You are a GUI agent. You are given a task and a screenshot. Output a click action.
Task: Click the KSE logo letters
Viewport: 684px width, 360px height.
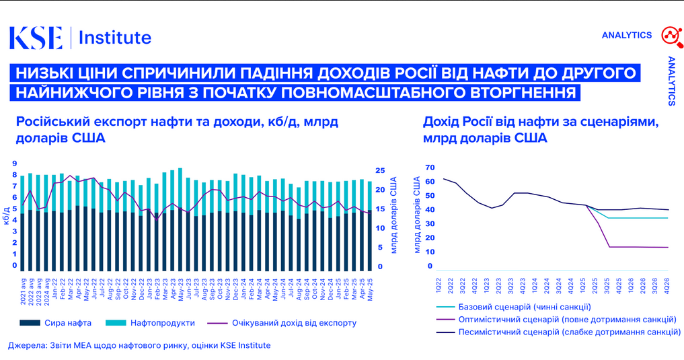coord(35,38)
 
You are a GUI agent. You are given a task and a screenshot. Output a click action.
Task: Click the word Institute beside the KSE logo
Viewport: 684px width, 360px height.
coord(115,38)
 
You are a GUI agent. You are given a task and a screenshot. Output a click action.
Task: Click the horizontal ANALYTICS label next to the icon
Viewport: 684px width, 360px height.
coord(626,35)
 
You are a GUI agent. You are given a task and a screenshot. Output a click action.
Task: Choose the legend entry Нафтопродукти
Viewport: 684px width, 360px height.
coord(162,323)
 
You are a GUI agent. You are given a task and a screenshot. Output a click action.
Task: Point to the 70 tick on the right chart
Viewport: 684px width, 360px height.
coord(430,168)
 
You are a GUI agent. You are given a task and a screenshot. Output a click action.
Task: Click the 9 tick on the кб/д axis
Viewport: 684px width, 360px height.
coord(14,163)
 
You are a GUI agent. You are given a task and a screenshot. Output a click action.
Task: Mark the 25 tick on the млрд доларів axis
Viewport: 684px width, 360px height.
coord(380,170)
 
